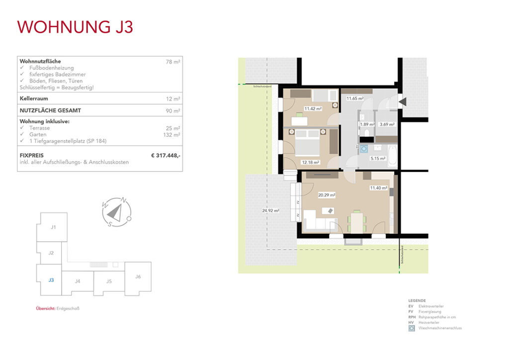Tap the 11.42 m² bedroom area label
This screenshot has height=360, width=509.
(313, 108)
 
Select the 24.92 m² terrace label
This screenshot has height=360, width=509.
(270, 210)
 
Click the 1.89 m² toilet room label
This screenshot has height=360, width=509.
(367, 124)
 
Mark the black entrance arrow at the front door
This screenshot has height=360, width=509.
(404, 101)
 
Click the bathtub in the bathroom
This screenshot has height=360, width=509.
(393, 155)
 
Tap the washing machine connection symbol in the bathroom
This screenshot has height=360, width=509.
(364, 148)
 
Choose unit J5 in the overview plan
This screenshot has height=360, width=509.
(109, 281)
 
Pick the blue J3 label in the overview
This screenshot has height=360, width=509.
(51, 280)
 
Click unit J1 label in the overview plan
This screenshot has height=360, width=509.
(53, 227)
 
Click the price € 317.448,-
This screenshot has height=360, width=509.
(166, 156)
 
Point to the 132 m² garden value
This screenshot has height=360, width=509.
(174, 135)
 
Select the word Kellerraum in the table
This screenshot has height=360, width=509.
(34, 98)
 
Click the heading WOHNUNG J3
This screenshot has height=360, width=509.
(75, 26)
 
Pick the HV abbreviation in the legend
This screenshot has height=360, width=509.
(411, 323)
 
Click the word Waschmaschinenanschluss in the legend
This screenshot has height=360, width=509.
(440, 328)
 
